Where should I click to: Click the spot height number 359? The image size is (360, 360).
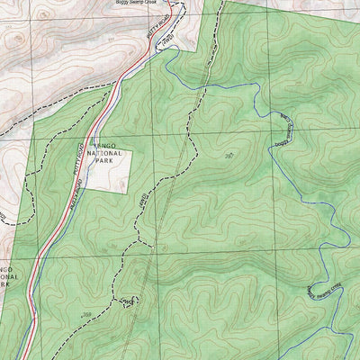tap(86, 314)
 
